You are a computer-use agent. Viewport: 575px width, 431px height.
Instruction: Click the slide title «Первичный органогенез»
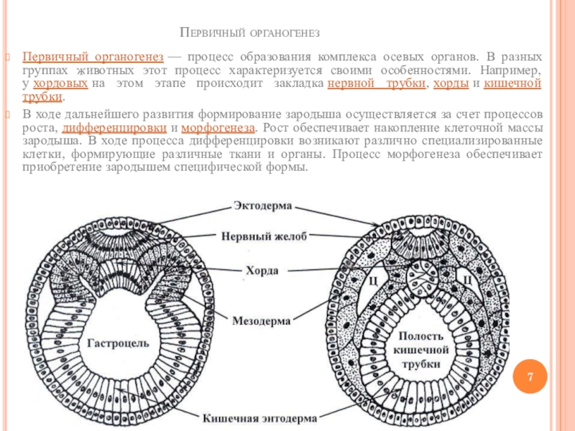249,34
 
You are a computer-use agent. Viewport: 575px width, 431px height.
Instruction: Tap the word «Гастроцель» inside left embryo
118,343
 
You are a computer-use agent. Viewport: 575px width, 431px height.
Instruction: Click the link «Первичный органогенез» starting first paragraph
91,57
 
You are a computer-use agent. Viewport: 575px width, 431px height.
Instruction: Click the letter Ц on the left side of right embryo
373,279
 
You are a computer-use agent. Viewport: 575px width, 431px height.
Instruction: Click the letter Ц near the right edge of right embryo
466,279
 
